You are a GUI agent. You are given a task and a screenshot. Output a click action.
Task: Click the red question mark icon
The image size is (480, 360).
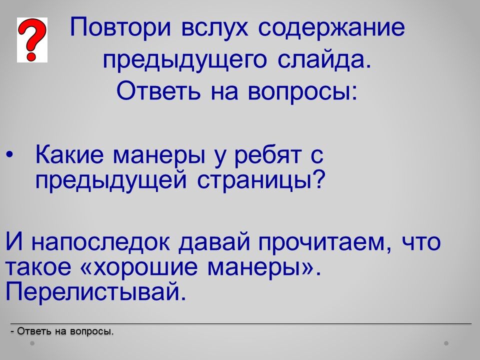pos(32,40)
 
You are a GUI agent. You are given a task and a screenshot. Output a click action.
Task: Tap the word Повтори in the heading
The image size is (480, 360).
pos(120,28)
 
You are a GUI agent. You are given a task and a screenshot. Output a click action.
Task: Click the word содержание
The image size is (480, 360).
pos(331,28)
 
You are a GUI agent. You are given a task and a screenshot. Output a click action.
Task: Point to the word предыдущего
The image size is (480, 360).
pos(185,60)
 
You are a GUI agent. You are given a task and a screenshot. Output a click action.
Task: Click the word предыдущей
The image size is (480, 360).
pos(111,180)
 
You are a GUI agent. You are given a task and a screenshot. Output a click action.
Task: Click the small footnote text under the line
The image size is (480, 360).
pos(62,331)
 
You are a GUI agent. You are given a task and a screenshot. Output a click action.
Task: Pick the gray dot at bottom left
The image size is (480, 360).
pos(32,343)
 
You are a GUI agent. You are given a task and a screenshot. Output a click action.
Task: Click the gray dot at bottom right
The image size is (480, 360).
pos(446,343)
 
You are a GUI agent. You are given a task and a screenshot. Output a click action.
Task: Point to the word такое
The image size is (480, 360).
pos(38,267)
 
